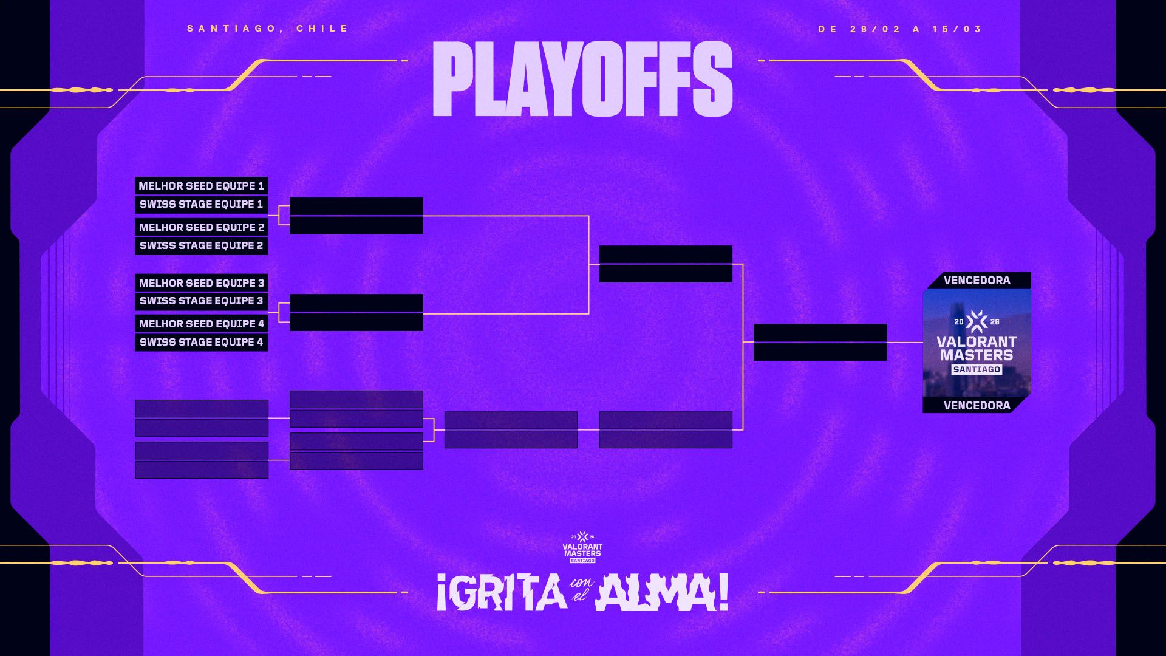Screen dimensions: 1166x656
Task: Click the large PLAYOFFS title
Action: coord(582,79)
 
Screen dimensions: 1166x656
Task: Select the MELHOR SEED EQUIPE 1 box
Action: coord(202,186)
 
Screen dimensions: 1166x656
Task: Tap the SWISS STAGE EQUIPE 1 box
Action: coord(202,204)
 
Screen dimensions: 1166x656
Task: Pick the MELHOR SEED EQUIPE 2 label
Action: coord(202,227)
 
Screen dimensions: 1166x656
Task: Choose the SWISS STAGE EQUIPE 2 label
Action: coord(202,245)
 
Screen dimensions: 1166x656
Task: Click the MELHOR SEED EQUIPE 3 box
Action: coord(202,283)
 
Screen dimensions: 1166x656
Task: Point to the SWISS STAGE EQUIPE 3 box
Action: coord(202,301)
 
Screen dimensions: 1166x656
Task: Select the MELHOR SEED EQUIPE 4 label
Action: coord(202,324)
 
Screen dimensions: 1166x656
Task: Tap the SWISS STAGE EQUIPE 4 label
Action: coord(202,342)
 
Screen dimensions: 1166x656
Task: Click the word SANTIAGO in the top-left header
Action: coord(233,29)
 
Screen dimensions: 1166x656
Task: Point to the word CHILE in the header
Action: coord(322,29)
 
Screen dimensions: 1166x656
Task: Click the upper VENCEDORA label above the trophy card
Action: coord(977,281)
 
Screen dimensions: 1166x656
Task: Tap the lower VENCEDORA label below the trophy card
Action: coord(977,406)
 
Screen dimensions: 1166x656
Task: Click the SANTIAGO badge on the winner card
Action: coord(977,369)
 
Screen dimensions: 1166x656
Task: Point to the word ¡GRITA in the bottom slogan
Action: coord(502,593)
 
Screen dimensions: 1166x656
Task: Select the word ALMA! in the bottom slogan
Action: coord(662,593)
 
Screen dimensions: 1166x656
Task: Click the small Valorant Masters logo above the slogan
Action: coord(582,547)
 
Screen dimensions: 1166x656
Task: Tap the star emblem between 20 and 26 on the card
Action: coord(977,321)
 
